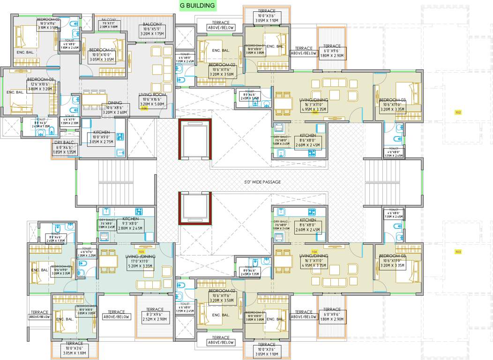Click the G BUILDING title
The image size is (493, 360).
coord(197,6)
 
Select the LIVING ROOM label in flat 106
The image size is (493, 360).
coord(150,94)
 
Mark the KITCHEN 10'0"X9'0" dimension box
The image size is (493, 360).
coord(101,139)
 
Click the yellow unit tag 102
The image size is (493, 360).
coord(458,112)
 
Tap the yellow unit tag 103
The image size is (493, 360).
coord(458,252)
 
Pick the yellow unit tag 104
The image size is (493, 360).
coord(314,252)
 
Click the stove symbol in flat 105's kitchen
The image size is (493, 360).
coord(139,211)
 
